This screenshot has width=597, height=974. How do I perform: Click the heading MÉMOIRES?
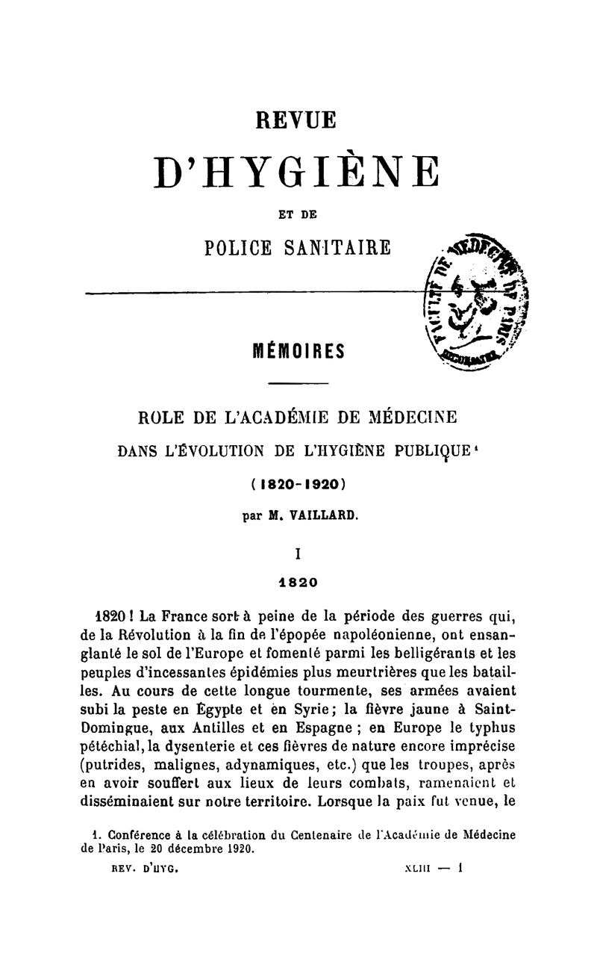point(297,350)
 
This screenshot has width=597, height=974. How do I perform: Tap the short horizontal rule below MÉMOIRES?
point(297,385)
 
